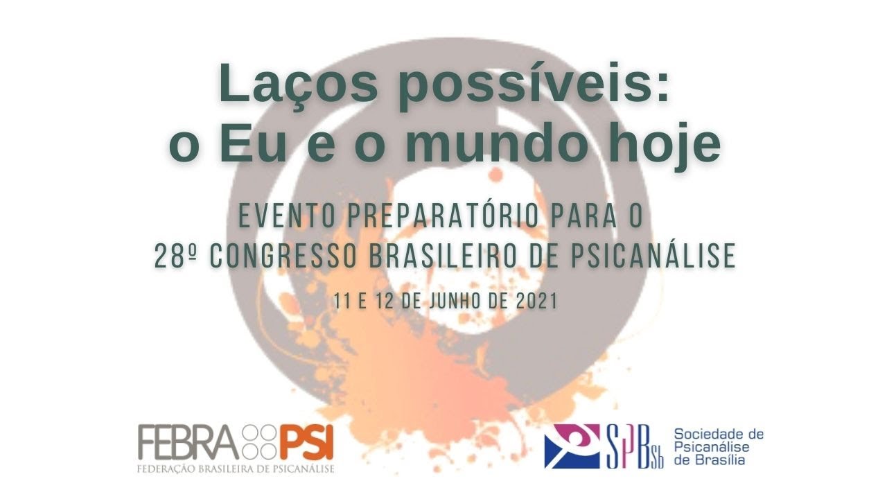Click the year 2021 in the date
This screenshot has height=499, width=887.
pos(538,301)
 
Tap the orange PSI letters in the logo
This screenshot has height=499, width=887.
pos(307,441)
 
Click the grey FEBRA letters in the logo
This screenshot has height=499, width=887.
pos(188,441)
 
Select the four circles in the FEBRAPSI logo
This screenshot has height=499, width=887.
pos(260,441)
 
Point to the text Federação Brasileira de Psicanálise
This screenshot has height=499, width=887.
pos(236,469)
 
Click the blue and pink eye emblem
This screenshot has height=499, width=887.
pos(572,446)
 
